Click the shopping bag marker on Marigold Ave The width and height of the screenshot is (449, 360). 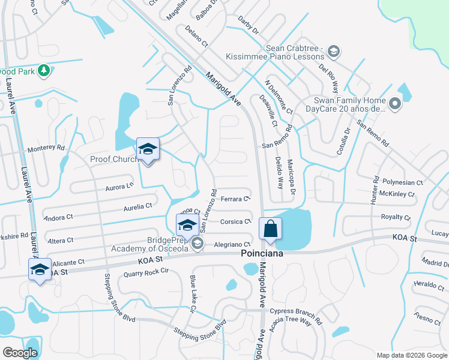(270, 229)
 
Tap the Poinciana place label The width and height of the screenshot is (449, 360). (262, 254)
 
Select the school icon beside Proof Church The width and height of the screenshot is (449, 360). (148, 150)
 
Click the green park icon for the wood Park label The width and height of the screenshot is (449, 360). (43, 71)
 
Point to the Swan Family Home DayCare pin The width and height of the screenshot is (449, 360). (394, 104)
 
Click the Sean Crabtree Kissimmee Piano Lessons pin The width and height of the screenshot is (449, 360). (334, 52)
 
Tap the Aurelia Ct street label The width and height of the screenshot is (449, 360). (137, 206)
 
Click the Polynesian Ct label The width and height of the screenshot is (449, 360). (403, 182)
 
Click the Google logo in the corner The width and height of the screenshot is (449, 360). (20, 353)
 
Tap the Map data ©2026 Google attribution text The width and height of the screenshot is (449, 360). (411, 355)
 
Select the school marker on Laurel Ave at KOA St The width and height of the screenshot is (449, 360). (40, 269)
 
